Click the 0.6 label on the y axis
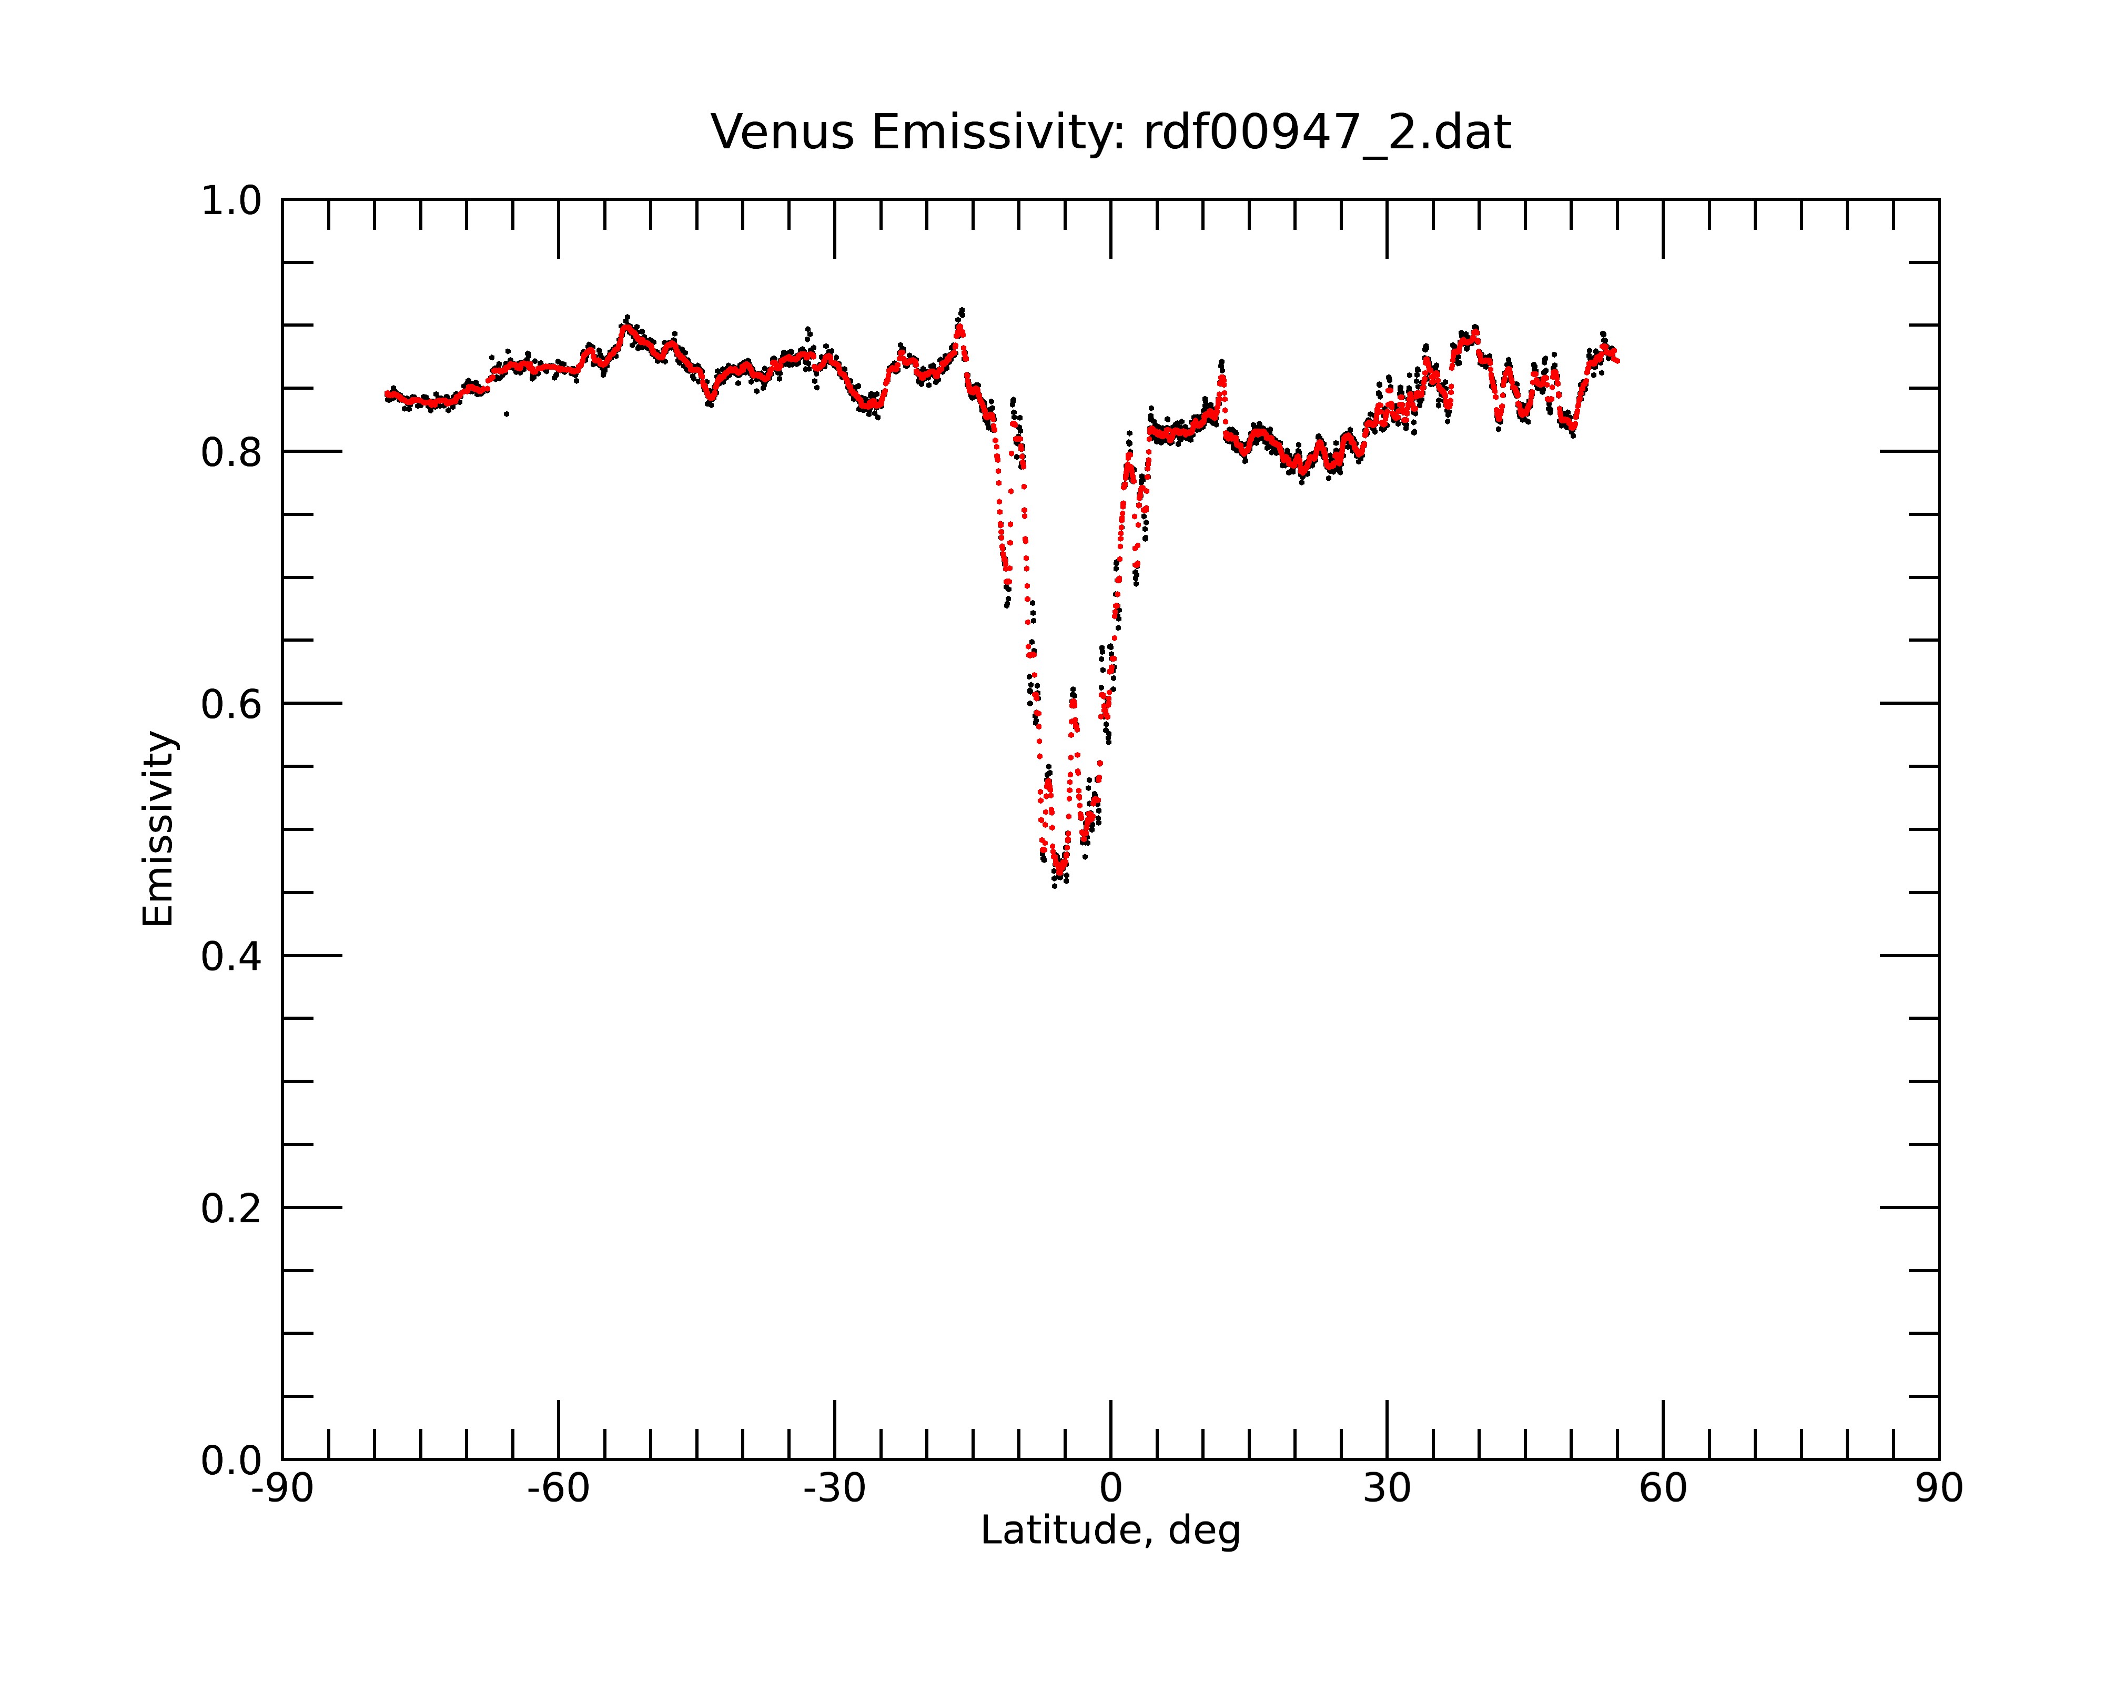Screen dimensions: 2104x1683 tap(231, 704)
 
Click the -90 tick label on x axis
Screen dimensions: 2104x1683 tap(282, 1489)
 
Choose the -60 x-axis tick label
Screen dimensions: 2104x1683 tap(558, 1489)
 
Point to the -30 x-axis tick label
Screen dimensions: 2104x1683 tap(834, 1489)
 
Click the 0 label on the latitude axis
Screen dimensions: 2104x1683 tap(1110, 1489)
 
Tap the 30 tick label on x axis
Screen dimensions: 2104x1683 tap(1387, 1489)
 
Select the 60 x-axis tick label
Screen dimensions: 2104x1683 tap(1663, 1489)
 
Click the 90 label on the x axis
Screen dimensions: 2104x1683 tap(1939, 1489)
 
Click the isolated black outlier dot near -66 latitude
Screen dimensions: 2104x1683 tap(507, 414)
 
